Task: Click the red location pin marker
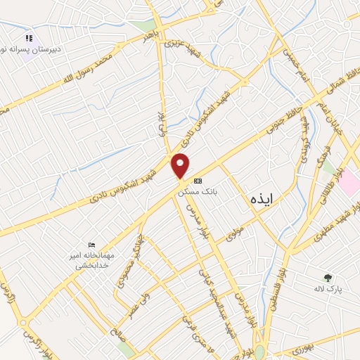coord(181,166)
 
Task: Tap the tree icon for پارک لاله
coord(327,277)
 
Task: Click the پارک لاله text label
coord(327,288)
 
